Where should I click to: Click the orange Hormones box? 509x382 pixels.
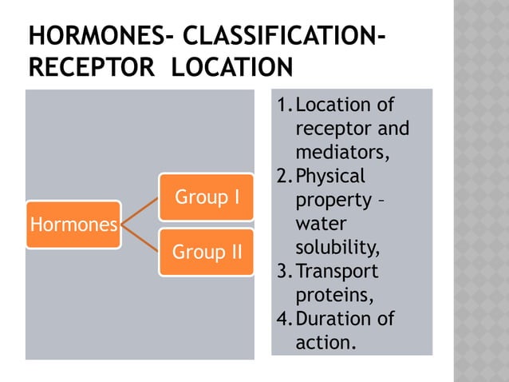[x=73, y=225]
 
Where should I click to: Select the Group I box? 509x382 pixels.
[x=206, y=197]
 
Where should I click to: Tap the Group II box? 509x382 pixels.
[x=206, y=252]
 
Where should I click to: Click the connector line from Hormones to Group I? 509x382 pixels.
[x=140, y=210]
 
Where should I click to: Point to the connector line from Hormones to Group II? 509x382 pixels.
[x=140, y=238]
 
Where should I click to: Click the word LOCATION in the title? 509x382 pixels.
[x=232, y=67]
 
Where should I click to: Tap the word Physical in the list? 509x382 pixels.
[x=329, y=176]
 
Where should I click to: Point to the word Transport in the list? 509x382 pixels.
[x=337, y=271]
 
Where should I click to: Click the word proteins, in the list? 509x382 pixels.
[x=333, y=295]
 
